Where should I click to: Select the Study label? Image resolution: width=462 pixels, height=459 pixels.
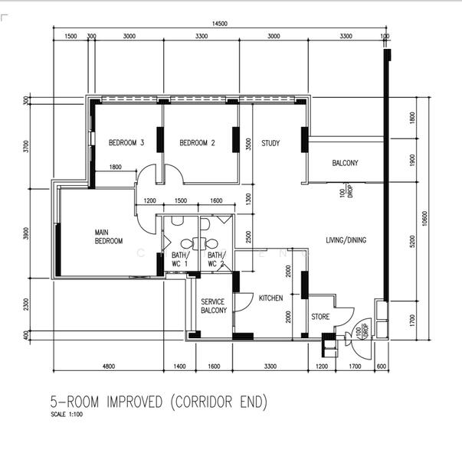270,143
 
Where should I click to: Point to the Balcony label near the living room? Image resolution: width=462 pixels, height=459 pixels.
345,163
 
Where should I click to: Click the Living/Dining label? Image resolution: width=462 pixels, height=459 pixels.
345,240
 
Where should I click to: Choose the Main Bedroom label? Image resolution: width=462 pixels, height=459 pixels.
109,236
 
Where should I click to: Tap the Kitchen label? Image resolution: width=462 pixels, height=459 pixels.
271,298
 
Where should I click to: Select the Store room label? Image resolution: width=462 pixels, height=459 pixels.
320,316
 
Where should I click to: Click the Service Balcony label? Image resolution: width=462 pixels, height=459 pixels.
213,306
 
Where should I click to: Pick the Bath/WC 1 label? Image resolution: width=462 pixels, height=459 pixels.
179,259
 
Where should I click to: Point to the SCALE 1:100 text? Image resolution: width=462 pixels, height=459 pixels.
67,415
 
